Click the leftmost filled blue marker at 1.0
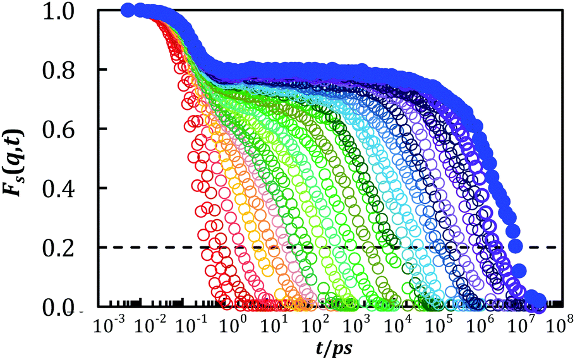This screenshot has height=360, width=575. click(127, 10)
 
